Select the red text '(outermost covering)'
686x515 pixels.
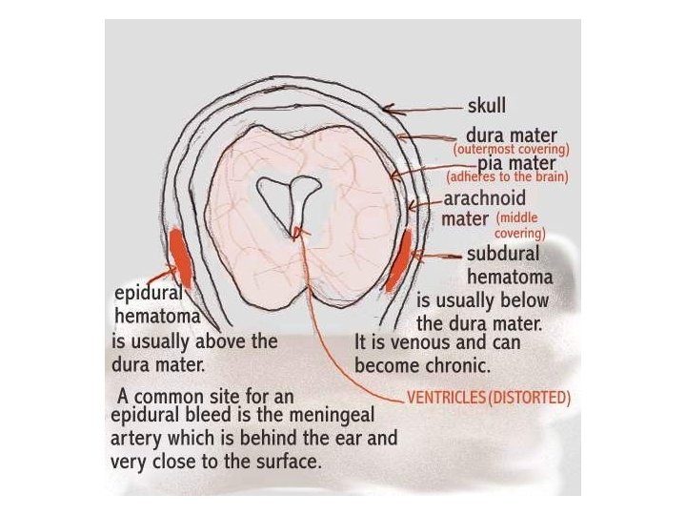coord(512,150)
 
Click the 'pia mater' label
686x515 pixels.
coord(517,163)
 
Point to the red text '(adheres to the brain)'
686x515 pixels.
coord(507,177)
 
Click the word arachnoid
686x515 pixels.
coord(483,200)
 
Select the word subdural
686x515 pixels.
coord(503,255)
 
